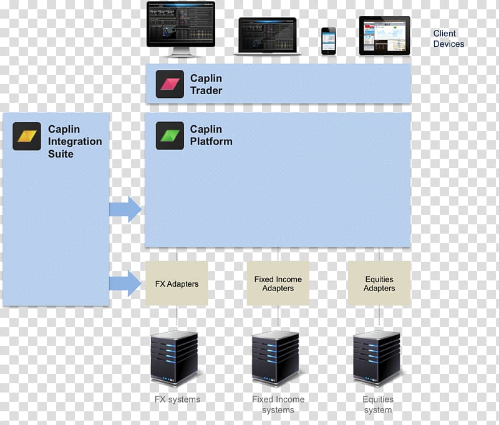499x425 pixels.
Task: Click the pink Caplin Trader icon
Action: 170,84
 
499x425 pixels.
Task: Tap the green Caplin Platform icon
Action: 170,135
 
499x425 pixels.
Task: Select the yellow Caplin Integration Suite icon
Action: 27,136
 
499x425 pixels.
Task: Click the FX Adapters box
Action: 177,284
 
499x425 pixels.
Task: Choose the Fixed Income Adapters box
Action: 278,284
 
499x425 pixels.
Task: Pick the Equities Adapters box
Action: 379,284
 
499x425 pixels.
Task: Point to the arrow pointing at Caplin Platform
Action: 125,209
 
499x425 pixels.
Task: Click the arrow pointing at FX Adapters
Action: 125,283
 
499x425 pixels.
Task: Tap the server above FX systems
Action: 174,358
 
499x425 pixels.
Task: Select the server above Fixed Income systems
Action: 276,358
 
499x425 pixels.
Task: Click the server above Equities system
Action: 377,358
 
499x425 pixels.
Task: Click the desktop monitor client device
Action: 181,29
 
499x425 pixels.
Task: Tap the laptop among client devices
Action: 268,36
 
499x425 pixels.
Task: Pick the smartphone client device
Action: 329,41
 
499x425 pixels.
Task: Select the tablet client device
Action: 385,36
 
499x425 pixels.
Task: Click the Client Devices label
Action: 448,39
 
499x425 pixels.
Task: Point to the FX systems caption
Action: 177,399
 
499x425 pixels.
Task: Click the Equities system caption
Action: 378,404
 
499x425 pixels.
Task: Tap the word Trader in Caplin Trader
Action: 206,90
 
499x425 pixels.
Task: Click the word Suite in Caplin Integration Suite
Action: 61,154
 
